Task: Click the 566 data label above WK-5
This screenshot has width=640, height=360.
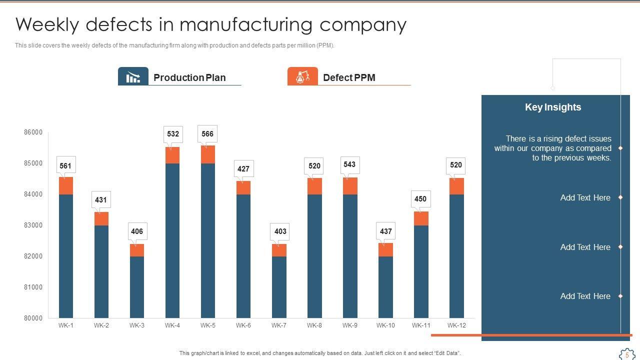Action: (207, 134)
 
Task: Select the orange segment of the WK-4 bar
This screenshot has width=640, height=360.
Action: (172, 155)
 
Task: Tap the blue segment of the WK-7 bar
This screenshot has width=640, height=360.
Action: (279, 287)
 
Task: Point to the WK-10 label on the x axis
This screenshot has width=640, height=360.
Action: (385, 325)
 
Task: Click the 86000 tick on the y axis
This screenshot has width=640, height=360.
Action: (33, 132)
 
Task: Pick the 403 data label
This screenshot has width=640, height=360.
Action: (280, 231)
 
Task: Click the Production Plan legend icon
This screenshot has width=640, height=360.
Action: (133, 77)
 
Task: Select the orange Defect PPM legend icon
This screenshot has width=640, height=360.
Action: (302, 77)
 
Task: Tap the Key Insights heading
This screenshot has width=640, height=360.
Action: (553, 107)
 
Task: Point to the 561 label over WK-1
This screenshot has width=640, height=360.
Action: (65, 166)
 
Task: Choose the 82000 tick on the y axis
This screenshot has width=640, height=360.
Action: (33, 256)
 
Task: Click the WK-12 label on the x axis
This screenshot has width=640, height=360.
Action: (456, 325)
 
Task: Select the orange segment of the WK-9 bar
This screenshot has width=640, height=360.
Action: (350, 186)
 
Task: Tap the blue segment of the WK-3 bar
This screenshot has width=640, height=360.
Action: (137, 287)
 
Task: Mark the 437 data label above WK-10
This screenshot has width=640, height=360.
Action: (386, 231)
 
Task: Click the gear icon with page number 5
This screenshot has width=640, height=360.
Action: (626, 354)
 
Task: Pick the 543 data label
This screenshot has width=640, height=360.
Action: (349, 164)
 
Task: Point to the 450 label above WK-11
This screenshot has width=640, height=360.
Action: (420, 199)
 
